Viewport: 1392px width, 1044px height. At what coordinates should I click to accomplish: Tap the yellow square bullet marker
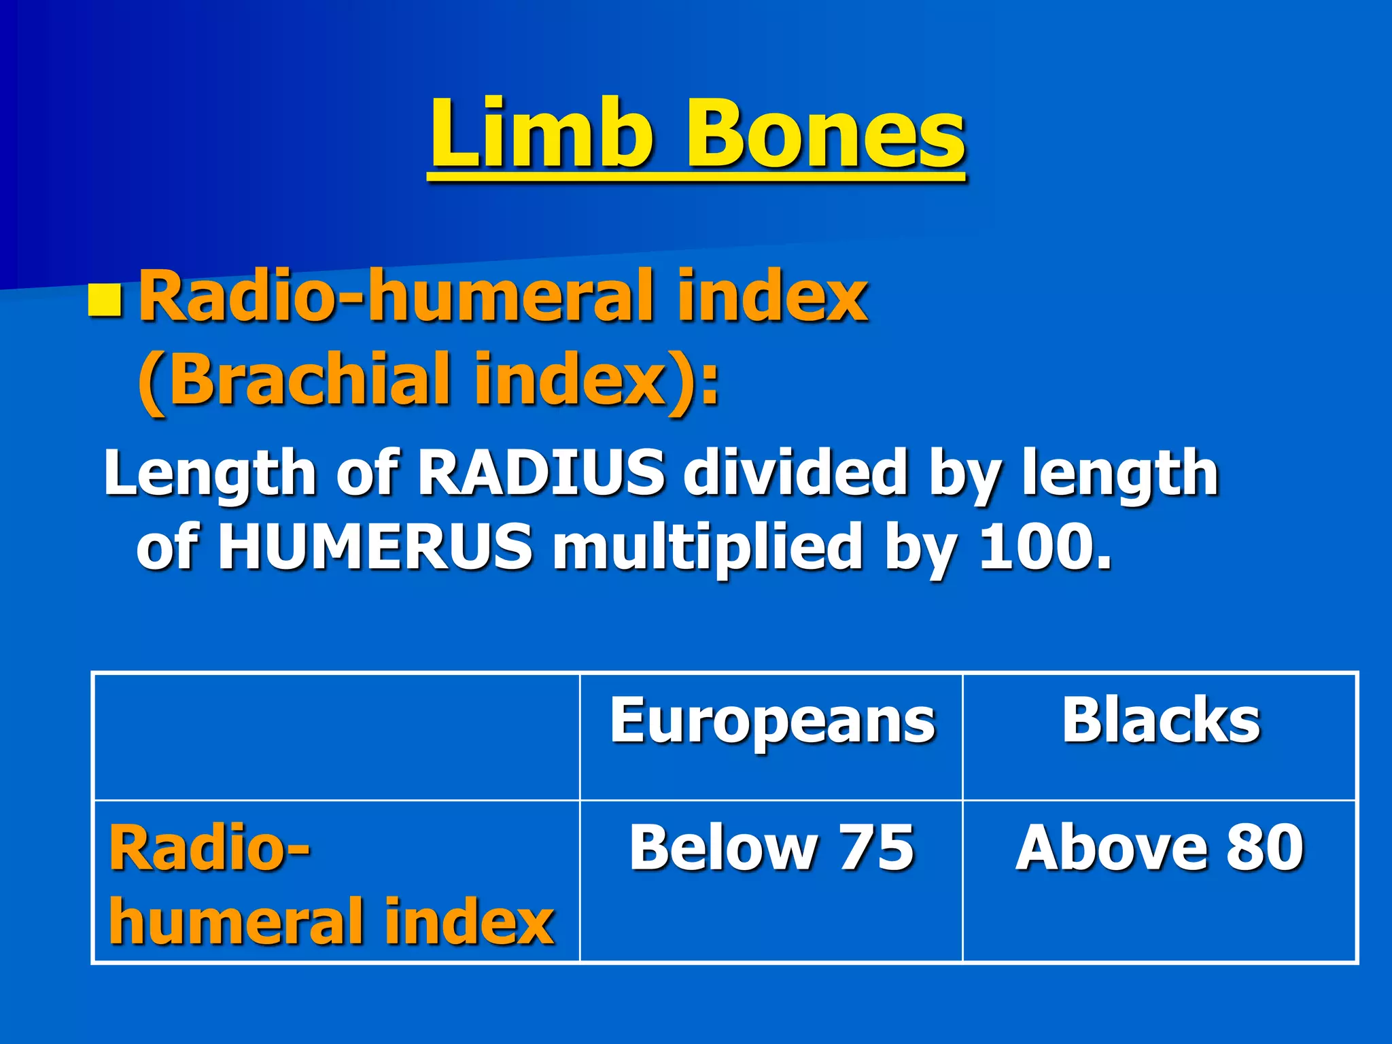[105, 301]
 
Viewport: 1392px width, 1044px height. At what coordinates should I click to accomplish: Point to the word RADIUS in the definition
[540, 472]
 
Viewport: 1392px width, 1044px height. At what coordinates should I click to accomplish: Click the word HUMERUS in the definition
[375, 546]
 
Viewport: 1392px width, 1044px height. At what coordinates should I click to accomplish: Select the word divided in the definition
[795, 472]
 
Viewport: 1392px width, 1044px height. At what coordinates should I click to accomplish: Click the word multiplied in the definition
[707, 548]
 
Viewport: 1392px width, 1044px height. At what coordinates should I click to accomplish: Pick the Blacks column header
[1160, 720]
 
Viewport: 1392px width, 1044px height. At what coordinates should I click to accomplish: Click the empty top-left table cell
[336, 737]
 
